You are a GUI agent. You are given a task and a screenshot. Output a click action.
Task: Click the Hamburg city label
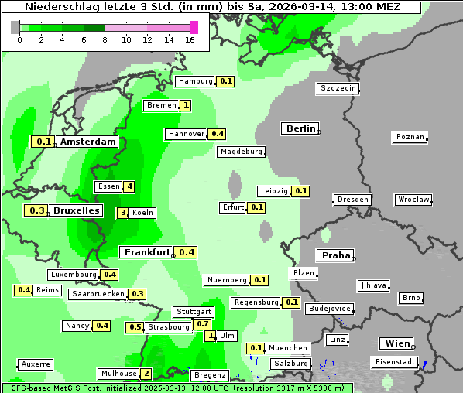195,81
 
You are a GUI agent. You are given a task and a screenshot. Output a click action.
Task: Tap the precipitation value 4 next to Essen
130,186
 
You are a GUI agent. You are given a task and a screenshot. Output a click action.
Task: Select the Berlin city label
300,128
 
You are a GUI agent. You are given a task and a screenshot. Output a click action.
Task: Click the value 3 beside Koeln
122,213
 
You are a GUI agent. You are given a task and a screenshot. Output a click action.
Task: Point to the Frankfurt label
147,252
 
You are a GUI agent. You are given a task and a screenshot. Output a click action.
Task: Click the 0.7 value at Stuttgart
203,323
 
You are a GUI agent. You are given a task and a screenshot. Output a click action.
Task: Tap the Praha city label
336,255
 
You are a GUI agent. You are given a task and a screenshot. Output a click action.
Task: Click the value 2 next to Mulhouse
146,374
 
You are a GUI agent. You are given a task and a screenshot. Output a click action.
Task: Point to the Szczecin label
338,88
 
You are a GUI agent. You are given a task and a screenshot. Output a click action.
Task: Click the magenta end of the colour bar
194,27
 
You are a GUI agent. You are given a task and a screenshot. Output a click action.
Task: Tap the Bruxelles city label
76,210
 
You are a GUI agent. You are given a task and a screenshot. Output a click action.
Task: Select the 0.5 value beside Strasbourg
135,327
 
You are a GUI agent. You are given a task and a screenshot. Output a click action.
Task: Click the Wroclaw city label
413,200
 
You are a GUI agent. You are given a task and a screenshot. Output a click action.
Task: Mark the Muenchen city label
289,348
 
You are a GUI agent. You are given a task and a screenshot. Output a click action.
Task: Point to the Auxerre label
36,364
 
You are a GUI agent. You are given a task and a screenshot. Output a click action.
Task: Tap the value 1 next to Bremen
186,105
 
